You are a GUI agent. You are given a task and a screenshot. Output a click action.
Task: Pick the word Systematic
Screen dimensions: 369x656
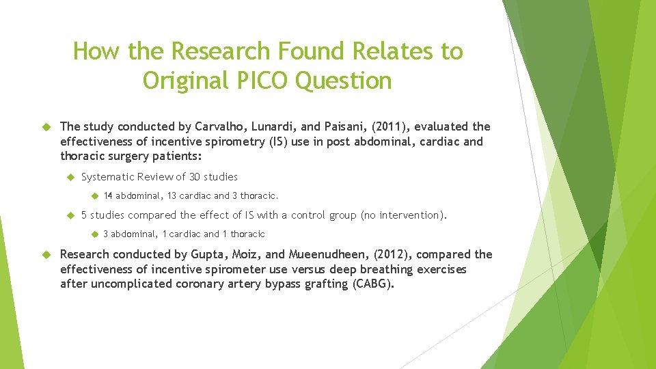point(108,177)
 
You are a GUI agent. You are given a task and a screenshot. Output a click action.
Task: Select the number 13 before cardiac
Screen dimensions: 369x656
point(171,196)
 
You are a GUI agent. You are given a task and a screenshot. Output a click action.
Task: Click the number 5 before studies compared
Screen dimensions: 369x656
point(84,215)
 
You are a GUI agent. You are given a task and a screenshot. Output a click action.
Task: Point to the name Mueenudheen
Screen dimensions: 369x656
point(310,254)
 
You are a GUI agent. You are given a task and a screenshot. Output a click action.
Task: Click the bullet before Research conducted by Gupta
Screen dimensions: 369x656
point(47,254)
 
